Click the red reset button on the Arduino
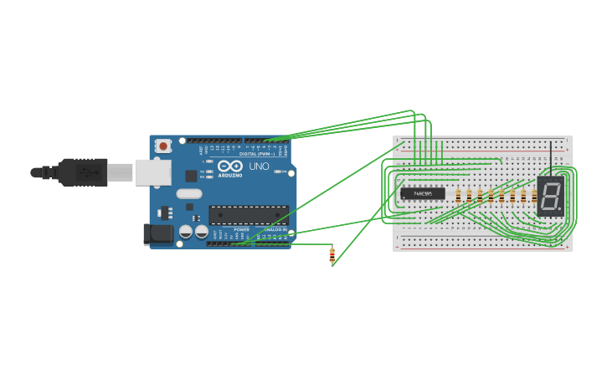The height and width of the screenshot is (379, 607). (x=163, y=146)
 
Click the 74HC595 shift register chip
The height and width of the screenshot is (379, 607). (x=422, y=194)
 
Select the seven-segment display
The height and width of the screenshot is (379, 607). (x=550, y=197)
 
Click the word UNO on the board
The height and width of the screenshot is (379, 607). (x=259, y=166)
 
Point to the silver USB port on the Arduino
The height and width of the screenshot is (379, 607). (x=153, y=172)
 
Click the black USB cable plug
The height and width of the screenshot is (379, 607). (x=84, y=172)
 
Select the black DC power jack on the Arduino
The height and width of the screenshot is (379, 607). (x=158, y=233)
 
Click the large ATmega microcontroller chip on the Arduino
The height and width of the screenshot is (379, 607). (x=248, y=215)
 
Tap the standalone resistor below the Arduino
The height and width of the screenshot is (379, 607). (x=332, y=255)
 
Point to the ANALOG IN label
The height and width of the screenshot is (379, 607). (x=275, y=228)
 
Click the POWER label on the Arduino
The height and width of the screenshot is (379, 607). (x=241, y=228)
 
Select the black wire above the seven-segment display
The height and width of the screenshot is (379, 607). (x=551, y=159)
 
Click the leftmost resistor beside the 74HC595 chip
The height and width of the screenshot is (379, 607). (x=458, y=196)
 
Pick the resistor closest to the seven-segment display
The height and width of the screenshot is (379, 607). (x=533, y=196)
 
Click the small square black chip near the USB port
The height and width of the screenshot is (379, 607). (x=191, y=176)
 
